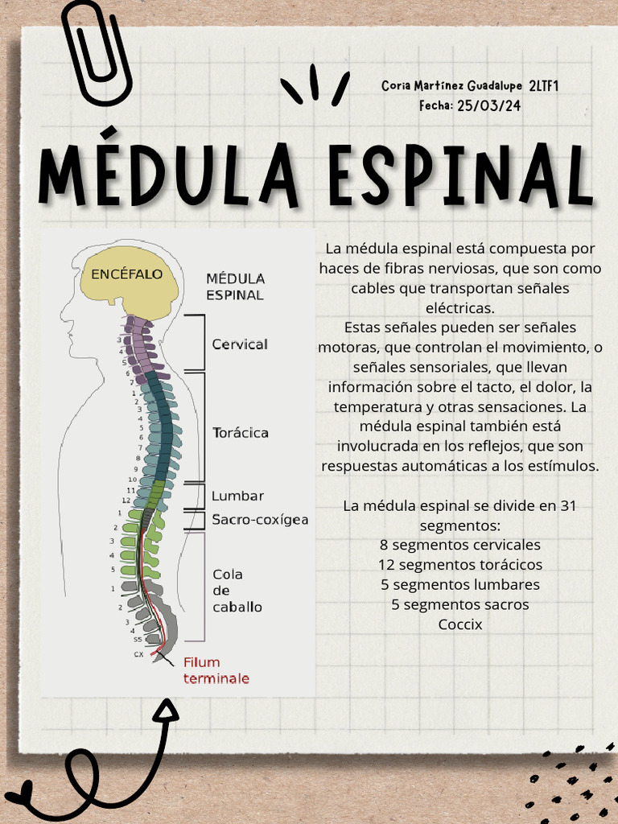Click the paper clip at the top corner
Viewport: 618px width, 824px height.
pos(96,52)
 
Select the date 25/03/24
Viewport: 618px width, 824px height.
pos(488,105)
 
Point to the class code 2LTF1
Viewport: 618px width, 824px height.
pos(544,85)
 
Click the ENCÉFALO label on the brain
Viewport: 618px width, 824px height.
pos(126,274)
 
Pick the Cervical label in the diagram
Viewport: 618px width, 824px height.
pos(240,344)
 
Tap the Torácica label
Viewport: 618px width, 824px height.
pos(241,433)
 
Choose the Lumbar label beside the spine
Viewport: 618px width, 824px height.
pos(237,496)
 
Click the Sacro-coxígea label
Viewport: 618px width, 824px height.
pos(260,520)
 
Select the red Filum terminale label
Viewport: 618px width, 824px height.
pos(216,670)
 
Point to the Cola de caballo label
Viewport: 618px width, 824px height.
pos(237,591)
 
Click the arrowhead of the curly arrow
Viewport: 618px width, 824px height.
pos(167,708)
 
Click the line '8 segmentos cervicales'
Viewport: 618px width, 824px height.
pos(460,546)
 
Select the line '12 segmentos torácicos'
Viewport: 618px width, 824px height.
pos(460,565)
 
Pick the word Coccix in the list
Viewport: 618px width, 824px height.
pos(460,624)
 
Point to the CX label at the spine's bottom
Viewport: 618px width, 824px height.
pos(138,655)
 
